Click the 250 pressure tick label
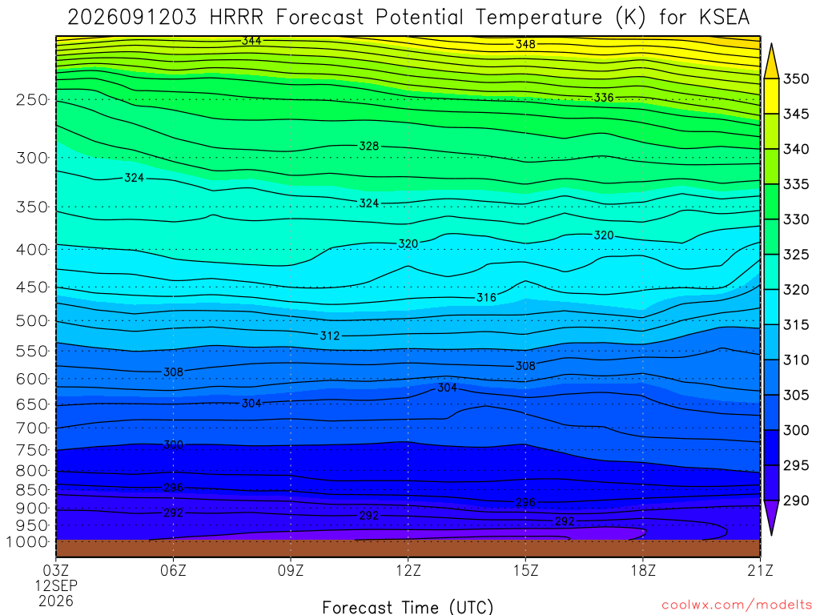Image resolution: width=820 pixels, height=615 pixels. click(32, 99)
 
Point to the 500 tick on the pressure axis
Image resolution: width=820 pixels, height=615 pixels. click(32, 320)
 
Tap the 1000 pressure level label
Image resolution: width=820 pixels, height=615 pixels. click(27, 542)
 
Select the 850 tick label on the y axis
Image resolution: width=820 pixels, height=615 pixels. click(32, 490)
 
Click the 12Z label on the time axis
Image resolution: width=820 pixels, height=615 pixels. click(408, 570)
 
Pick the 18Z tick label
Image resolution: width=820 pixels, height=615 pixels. click(643, 570)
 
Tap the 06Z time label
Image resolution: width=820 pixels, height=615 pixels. click(173, 570)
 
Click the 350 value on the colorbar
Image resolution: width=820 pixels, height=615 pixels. click(796, 79)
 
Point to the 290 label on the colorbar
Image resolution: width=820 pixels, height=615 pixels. click(796, 500)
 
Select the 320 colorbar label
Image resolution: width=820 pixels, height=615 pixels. click(796, 290)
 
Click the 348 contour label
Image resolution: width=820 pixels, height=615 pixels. click(525, 45)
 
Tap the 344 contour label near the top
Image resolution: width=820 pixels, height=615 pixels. click(251, 41)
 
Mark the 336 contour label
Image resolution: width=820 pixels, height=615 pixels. click(604, 98)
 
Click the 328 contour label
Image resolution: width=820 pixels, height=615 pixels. click(368, 147)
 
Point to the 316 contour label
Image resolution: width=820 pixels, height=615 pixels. click(486, 298)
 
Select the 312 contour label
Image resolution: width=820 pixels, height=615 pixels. click(329, 336)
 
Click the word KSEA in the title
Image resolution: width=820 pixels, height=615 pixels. click(724, 18)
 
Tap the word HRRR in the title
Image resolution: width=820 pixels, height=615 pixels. click(236, 18)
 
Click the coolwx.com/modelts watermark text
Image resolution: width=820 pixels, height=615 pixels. click(737, 605)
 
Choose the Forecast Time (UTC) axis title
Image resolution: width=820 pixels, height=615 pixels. click(408, 607)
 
